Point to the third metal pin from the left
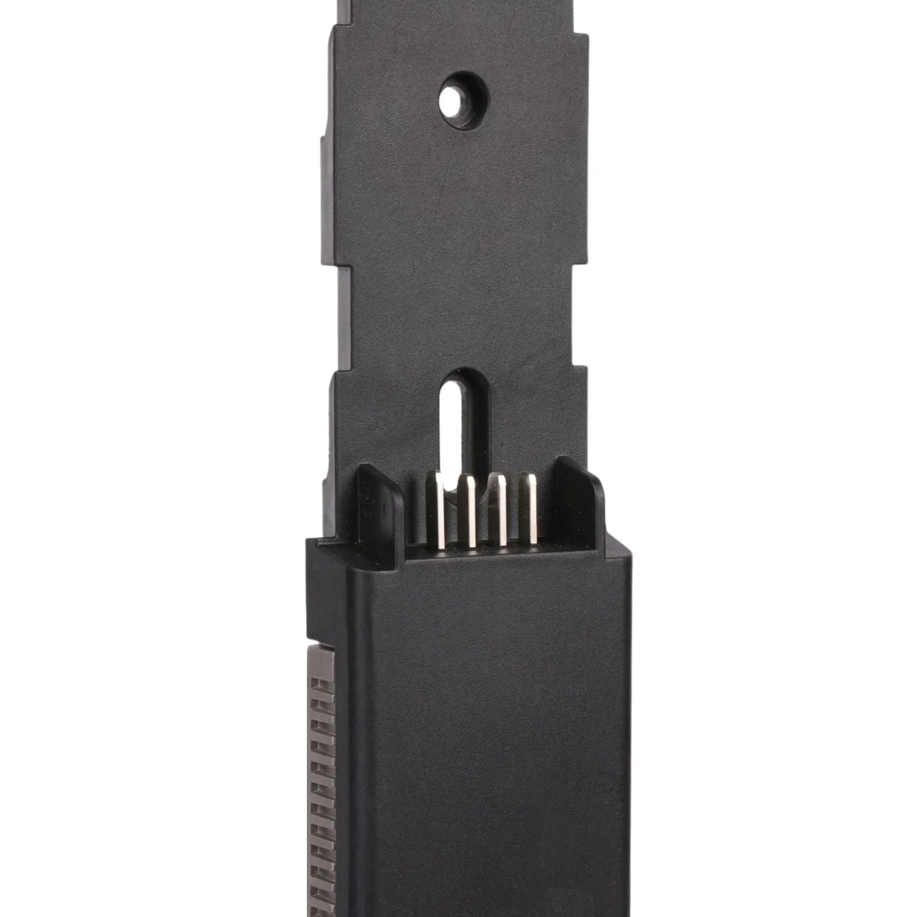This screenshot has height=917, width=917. coord(502,510)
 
